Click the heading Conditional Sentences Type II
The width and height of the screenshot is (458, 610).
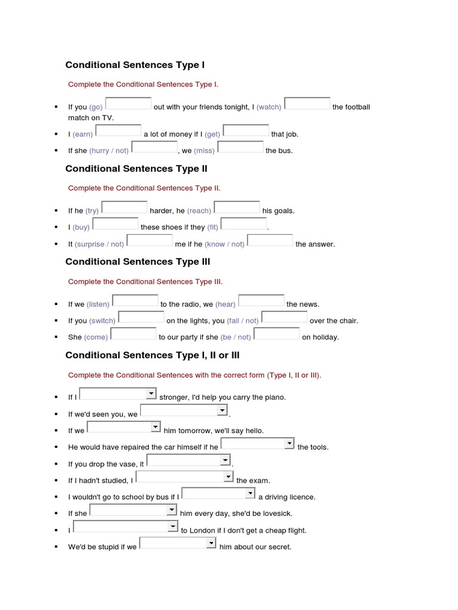(137, 169)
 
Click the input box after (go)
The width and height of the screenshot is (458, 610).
(128, 104)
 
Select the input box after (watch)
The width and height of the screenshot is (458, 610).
(307, 104)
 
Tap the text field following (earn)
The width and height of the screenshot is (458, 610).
(118, 131)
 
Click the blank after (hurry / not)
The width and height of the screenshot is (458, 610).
(154, 147)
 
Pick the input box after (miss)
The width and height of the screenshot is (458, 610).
(240, 147)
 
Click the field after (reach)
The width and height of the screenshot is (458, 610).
(237, 207)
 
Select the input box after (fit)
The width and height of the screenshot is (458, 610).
(243, 224)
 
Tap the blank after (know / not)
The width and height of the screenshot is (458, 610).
(270, 241)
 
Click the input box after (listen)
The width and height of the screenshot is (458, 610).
(135, 301)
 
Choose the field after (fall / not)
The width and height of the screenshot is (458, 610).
(284, 318)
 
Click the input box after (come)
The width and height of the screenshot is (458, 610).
(133, 334)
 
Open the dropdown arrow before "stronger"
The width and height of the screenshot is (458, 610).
(151, 394)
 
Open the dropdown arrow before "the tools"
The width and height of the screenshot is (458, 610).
(289, 444)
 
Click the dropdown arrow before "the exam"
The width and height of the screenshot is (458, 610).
(228, 477)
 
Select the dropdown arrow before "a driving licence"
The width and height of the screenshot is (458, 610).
(250, 494)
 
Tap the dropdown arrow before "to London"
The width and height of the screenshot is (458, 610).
(172, 527)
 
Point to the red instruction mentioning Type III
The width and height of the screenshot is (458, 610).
(146, 282)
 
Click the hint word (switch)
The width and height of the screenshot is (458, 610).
(103, 321)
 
